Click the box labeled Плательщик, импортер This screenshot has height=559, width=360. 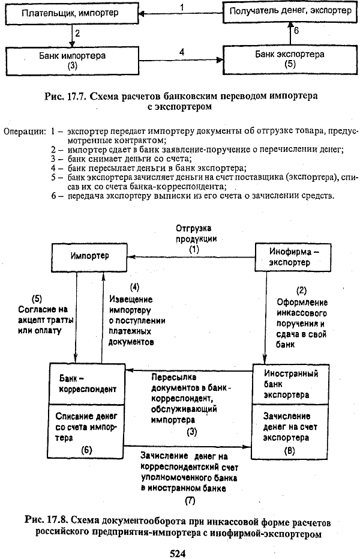click(72, 14)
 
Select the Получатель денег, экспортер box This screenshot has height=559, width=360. click(290, 11)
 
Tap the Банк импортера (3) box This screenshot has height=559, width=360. click(72, 61)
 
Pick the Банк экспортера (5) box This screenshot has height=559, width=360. click(290, 59)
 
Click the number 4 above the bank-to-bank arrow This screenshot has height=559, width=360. click(182, 52)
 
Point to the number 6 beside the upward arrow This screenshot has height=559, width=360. click(296, 31)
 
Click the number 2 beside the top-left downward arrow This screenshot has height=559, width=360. click(77, 34)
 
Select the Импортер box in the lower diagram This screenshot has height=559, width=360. click(89, 258)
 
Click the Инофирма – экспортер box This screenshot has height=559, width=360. click(293, 258)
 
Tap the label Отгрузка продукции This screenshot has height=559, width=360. click(193, 234)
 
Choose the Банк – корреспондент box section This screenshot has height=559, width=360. click(87, 384)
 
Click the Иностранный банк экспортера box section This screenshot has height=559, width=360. click(290, 384)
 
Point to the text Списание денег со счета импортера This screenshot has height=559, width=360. click(86, 427)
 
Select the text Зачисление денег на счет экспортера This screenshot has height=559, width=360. click(290, 427)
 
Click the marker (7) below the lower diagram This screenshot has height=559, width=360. click(190, 501)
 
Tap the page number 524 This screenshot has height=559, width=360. click(178, 553)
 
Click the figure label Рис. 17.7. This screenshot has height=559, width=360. click(65, 96)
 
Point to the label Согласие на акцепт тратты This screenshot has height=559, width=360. click(45, 315)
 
